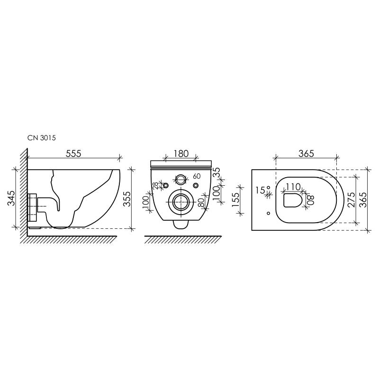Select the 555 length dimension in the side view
click(73, 153)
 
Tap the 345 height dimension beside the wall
click(11, 198)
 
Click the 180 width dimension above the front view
click(181, 153)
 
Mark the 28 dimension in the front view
click(155, 186)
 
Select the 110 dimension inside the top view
click(293, 187)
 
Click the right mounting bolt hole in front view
click(196, 184)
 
